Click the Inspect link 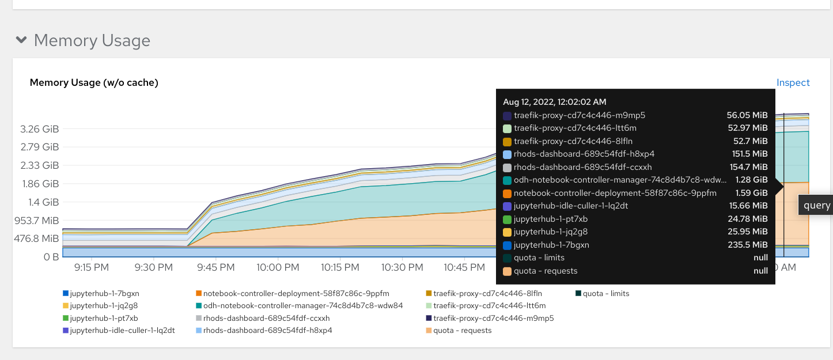click(793, 82)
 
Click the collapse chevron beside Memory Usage click(21, 40)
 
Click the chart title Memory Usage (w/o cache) click(94, 82)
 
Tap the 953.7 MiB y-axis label click(35, 220)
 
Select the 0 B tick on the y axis click(51, 256)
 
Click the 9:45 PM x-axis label click(215, 267)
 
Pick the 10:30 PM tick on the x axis click(402, 267)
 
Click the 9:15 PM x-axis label click(92, 267)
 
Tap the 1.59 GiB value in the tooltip click(751, 193)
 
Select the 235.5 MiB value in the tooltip click(747, 245)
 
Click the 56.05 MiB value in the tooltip click(747, 115)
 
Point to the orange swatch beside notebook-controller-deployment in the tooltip click(507, 194)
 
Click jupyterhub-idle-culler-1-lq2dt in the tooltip click(570, 206)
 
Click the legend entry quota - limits click(605, 293)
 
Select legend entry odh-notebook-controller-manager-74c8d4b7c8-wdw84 click(302, 305)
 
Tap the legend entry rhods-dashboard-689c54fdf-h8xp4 click(267, 330)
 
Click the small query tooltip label click(817, 205)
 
